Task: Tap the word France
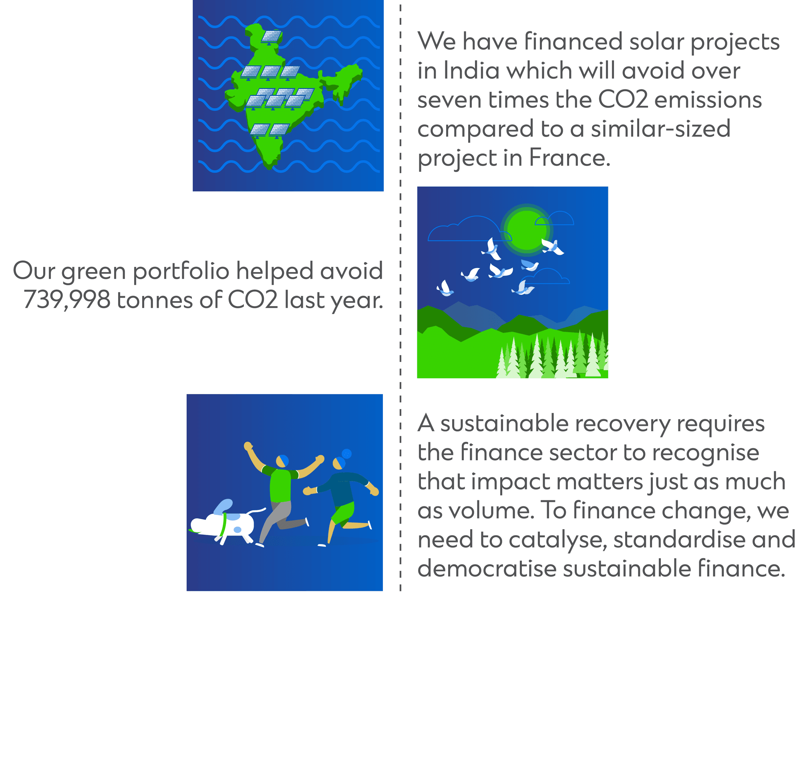(570, 158)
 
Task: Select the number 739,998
(66, 300)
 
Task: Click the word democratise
(487, 569)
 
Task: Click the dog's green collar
(223, 525)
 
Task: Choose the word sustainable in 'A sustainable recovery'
(504, 423)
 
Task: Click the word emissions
(708, 100)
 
